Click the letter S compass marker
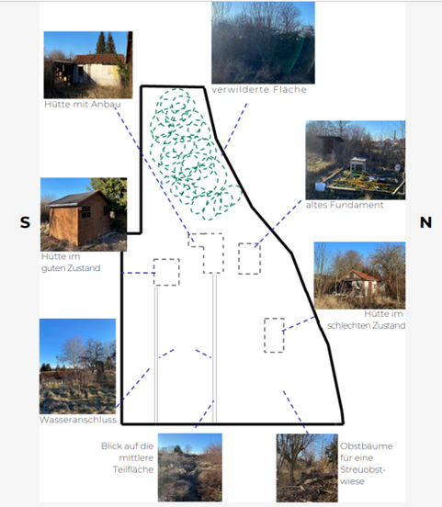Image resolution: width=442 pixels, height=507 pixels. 25,222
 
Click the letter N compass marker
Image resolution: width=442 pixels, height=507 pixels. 425,222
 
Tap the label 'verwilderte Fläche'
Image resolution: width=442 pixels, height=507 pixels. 259,90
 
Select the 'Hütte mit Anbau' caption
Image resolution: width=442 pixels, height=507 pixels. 83,104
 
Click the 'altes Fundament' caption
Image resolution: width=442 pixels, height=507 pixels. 345,205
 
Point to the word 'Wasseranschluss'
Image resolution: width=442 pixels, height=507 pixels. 78,420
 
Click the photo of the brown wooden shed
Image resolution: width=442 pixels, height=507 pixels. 84,214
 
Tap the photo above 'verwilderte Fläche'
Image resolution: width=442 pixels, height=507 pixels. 263,42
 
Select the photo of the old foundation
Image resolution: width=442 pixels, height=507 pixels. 356,160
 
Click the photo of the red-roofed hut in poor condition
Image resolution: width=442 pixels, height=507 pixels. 359,276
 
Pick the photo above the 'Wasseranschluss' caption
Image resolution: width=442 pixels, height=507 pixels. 78,366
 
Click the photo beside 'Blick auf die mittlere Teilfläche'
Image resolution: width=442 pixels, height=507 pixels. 190,468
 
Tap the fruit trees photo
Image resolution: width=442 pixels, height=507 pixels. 307,468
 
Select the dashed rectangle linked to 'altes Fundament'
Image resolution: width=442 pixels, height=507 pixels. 249,259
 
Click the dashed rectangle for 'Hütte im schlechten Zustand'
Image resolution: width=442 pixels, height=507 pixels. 274,335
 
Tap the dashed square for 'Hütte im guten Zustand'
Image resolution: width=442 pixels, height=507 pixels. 166,272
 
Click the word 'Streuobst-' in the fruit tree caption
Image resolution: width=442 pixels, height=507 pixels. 363,469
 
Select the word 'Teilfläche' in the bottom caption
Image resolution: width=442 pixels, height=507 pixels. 133,469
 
